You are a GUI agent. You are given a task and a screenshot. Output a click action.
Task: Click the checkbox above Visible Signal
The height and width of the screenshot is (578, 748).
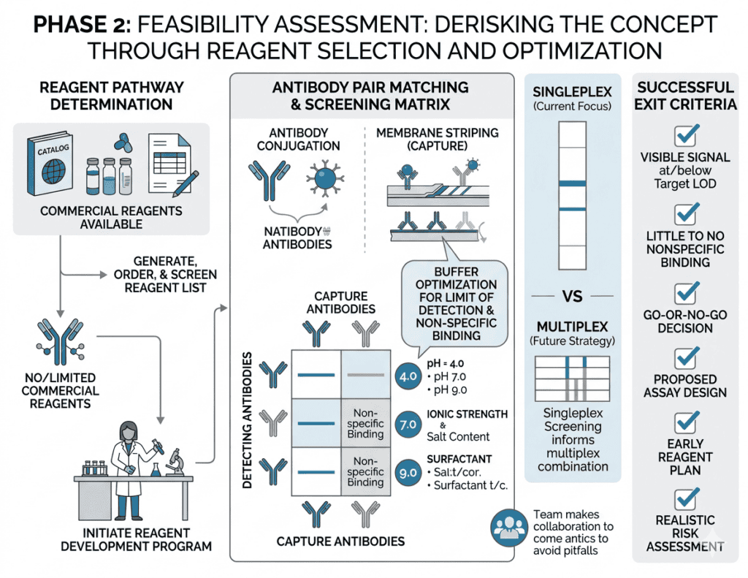pyautogui.click(x=685, y=135)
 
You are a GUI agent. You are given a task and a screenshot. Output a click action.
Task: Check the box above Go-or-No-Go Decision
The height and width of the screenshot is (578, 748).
pyautogui.click(x=685, y=292)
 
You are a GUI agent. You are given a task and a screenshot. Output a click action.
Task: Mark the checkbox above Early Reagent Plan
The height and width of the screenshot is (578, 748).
pyautogui.click(x=685, y=422)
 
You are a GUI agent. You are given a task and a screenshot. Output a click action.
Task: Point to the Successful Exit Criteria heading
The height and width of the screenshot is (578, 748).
pyautogui.click(x=685, y=95)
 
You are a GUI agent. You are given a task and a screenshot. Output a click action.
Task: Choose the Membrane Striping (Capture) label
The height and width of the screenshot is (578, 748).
pyautogui.click(x=438, y=138)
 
